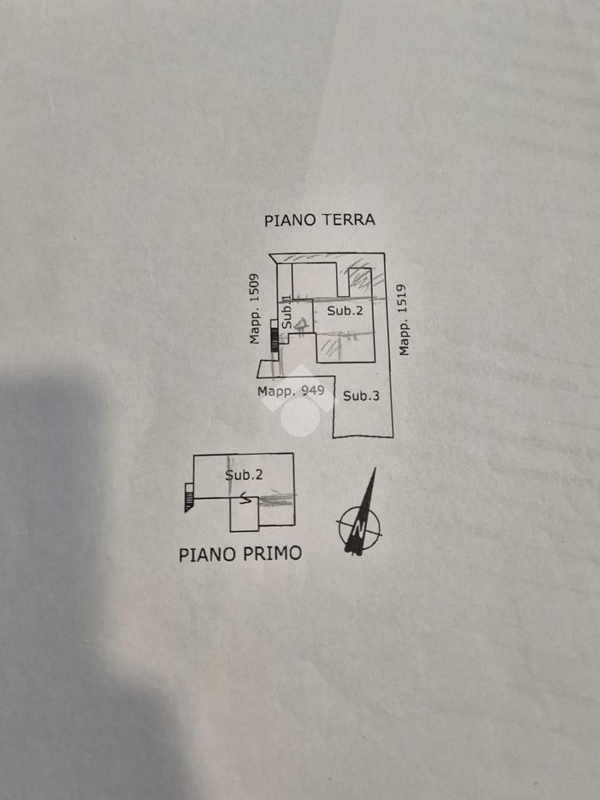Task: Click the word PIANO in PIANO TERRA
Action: (290, 220)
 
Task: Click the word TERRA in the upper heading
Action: (348, 220)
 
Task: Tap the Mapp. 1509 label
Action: (254, 309)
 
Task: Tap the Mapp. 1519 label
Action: (404, 320)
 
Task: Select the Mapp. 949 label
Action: (291, 391)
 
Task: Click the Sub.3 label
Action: (361, 396)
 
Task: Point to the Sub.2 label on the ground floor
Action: (345, 311)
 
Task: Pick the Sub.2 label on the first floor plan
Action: (244, 474)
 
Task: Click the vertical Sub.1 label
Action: (287, 313)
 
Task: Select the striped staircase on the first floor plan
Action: (188, 498)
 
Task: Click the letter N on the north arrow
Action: (359, 527)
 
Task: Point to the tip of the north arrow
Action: (374, 470)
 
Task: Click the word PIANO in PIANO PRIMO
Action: (207, 555)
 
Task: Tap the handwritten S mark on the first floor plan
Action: (245, 498)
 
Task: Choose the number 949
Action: (311, 391)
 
